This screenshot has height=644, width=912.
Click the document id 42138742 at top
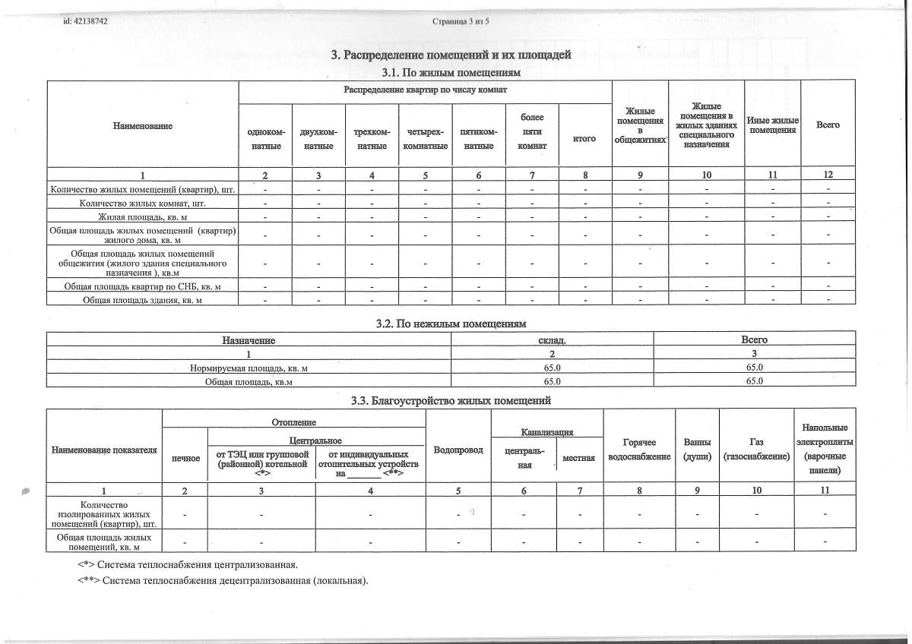[x=85, y=21]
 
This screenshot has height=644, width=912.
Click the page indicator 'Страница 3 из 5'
[x=461, y=21]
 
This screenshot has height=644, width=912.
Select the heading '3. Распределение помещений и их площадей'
[x=451, y=55]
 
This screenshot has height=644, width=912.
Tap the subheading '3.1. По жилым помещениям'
[x=451, y=72]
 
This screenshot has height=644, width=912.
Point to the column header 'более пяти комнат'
[x=532, y=131]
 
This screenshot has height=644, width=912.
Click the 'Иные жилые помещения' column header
[x=772, y=125]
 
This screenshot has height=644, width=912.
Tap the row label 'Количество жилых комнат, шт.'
[x=143, y=204]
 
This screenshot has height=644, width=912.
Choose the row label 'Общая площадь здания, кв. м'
[x=143, y=300]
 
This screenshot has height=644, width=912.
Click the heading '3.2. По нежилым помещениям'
[x=451, y=324]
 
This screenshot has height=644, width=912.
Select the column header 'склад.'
[x=553, y=340]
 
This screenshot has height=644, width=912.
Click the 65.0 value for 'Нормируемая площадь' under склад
[x=553, y=368]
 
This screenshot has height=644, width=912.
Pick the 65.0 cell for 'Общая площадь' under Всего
[x=754, y=381]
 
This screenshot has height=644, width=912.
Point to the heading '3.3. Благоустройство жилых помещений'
[x=451, y=401]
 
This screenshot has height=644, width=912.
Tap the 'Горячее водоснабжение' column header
[x=639, y=449]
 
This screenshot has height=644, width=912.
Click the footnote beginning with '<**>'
[x=223, y=582]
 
